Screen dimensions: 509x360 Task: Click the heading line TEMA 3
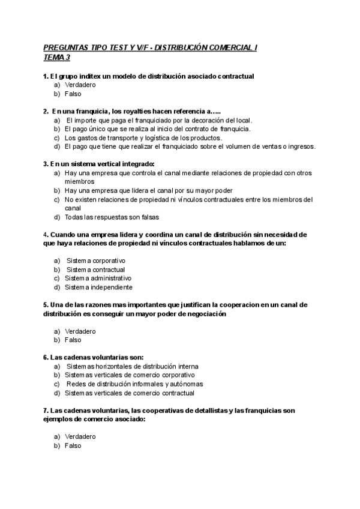click(x=57, y=58)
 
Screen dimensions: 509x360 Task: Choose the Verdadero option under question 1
click(x=80, y=85)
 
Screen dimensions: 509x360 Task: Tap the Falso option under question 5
click(x=73, y=340)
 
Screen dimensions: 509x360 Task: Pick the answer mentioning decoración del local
click(x=159, y=120)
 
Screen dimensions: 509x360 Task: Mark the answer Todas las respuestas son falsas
click(x=112, y=217)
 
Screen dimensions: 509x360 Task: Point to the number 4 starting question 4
click(x=45, y=234)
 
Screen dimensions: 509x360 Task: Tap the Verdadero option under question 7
click(x=80, y=437)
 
